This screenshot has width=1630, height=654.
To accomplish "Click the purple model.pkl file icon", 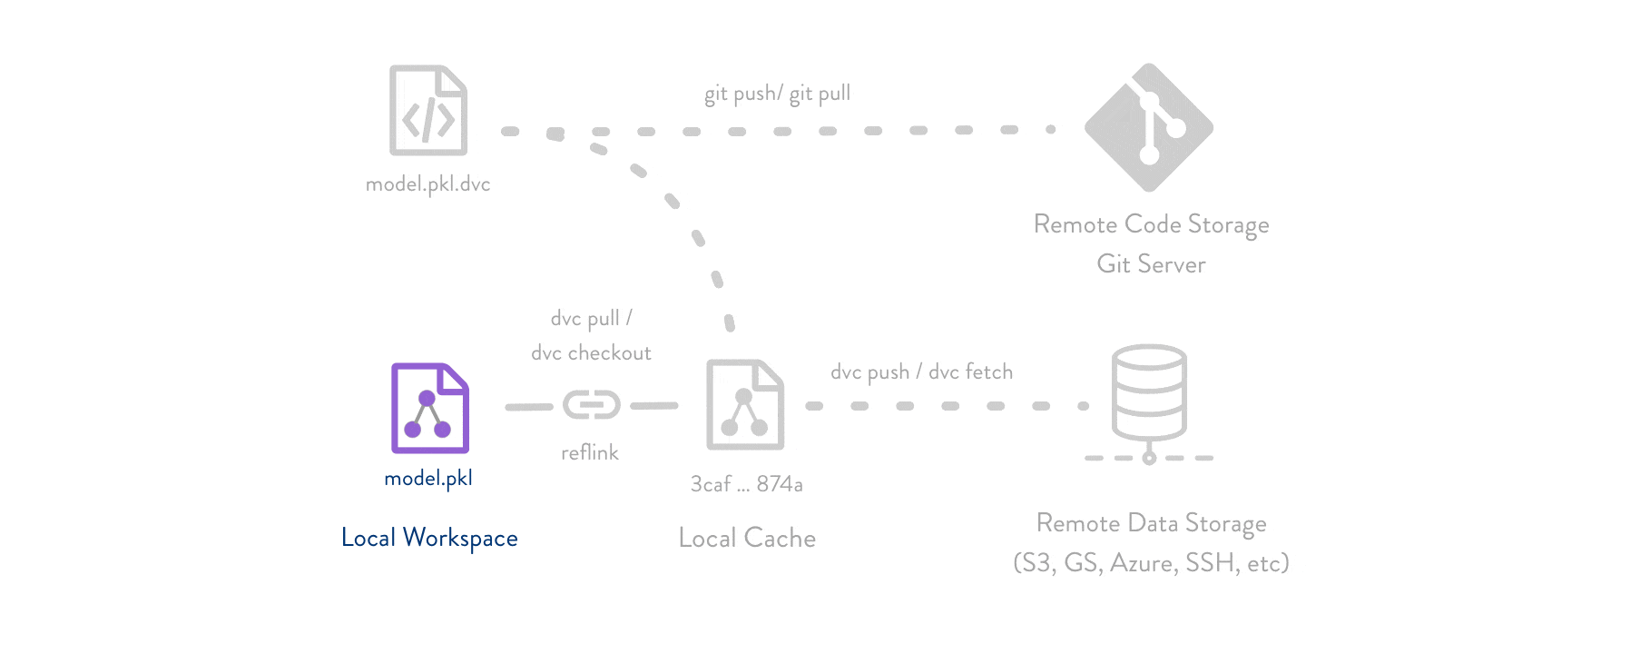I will pos(429,408).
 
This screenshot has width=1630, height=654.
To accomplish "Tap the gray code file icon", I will pos(427,110).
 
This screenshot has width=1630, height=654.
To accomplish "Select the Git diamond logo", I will pos(1149,127).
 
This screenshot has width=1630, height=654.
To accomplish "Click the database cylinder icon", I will pos(1149,393).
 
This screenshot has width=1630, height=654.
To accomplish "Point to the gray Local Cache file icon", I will pos(745,405).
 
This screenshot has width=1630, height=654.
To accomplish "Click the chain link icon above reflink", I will pos(591,405).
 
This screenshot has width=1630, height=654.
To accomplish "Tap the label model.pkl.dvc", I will pos(427,184).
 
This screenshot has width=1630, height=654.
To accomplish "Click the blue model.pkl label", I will pos(428,479).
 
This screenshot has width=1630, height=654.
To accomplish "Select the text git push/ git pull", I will pos(777,94).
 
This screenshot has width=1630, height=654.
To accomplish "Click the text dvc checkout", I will pos(591,353).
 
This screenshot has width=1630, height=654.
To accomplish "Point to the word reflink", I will pos(589,452).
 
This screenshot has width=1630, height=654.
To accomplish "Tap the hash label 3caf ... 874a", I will pos(746,484).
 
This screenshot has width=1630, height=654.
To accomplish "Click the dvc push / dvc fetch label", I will pos(921,372).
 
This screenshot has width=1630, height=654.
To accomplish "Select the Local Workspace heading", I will pos(429,538).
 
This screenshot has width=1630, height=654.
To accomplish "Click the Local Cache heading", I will pos(747,538).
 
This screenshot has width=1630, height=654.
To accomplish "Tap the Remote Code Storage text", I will pos(1151,224).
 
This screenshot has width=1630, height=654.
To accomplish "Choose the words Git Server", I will pos(1151,264).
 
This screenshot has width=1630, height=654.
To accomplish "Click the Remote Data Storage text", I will pos(1151,523).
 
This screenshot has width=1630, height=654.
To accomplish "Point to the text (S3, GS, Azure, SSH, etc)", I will pos(1151,563).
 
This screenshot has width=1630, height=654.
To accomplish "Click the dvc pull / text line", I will pos(591,319).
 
